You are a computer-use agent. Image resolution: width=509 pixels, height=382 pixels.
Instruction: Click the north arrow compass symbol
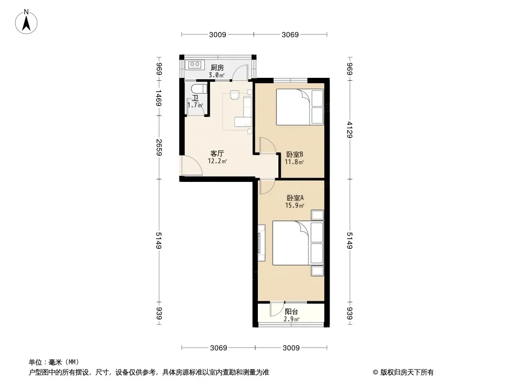[x=26, y=21]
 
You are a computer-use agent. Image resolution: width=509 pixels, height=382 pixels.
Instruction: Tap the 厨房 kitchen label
[x=217, y=67]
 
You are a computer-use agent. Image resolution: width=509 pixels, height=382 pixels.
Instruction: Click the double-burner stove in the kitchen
[x=195, y=64]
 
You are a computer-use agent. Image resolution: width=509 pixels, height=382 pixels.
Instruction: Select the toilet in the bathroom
[x=198, y=89]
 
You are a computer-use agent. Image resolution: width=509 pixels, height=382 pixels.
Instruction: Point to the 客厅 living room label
[x=217, y=153]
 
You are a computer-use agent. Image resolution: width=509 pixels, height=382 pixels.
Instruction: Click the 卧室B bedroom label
[x=295, y=154]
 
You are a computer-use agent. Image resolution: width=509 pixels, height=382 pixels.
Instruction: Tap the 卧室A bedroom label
[x=295, y=198]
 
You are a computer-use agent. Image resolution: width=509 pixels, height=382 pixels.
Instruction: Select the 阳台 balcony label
[x=291, y=312]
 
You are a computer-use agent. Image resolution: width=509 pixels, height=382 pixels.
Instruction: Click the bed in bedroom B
[x=300, y=107]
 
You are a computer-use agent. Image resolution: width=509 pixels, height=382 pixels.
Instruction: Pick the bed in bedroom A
[x=298, y=243]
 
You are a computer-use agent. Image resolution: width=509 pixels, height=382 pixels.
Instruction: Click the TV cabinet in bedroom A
[x=261, y=243]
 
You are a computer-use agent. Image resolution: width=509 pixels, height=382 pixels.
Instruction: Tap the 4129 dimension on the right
[x=350, y=129]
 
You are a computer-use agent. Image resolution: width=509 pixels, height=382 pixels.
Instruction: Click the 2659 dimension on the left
[x=159, y=147]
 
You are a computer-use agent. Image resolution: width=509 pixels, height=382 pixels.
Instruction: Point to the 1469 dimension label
[x=159, y=98]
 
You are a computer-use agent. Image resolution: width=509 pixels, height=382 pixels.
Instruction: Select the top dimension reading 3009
[x=217, y=34]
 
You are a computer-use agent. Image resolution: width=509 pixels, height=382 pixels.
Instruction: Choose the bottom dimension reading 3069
[x=219, y=348]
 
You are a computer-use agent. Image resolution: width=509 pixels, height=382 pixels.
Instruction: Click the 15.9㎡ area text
[x=295, y=205]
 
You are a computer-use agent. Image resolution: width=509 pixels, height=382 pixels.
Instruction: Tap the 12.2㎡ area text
[x=217, y=161]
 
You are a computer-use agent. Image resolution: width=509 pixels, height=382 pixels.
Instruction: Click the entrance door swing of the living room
[x=191, y=166]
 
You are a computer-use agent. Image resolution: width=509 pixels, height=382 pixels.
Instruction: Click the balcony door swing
[x=276, y=309]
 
